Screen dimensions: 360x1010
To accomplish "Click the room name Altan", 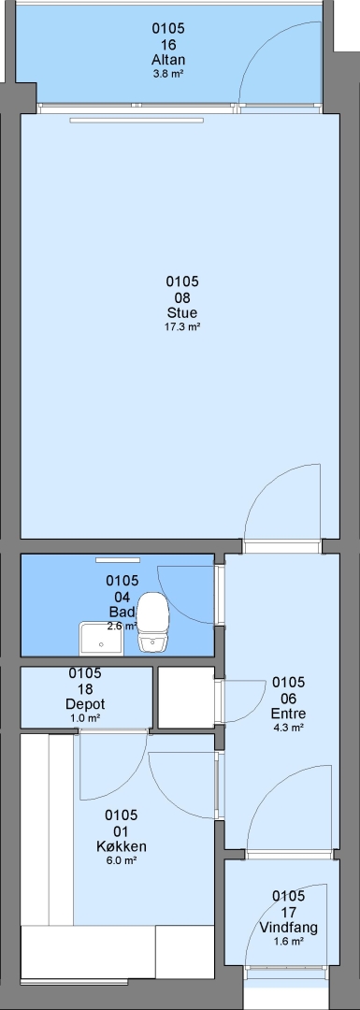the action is (x=168, y=60).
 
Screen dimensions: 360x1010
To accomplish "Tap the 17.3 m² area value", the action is (x=182, y=326).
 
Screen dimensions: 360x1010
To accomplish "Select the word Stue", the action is (x=182, y=313).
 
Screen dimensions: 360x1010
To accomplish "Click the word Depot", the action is (x=86, y=704).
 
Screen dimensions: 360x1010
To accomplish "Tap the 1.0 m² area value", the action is (x=85, y=717).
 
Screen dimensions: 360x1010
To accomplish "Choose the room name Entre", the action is (x=289, y=714).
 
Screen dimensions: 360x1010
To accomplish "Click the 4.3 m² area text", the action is (x=289, y=728).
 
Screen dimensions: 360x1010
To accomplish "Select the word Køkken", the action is (x=121, y=846).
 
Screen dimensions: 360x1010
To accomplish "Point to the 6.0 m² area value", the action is (x=121, y=860).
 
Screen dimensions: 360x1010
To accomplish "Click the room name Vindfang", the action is (x=289, y=928).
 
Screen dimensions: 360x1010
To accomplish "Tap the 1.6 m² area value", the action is (x=289, y=941).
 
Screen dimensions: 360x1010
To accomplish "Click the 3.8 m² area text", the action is (x=168, y=74).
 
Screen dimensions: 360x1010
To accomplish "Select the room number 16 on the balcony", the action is (x=168, y=45).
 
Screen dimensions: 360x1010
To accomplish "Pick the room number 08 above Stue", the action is (x=182, y=297).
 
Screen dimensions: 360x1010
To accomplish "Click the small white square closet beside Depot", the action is (x=186, y=698).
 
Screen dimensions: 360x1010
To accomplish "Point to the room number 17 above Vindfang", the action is (x=289, y=912).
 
